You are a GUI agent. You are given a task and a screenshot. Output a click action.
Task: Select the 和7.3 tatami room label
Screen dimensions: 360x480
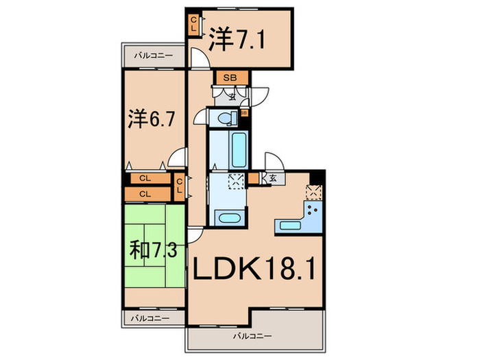pyautogui.click(x=153, y=250)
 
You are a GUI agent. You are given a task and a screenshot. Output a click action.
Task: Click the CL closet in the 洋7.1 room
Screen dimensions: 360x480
pyautogui.click(x=194, y=26)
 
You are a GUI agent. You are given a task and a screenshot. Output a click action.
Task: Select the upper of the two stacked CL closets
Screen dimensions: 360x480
pyautogui.click(x=145, y=178)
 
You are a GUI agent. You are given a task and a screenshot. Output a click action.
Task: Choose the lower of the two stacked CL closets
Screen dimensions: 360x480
pyautogui.click(x=145, y=194)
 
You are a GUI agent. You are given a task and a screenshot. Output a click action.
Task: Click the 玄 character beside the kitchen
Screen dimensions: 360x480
pyautogui.click(x=273, y=180)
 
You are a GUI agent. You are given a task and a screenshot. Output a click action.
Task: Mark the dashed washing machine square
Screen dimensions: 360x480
pyautogui.click(x=235, y=183)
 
